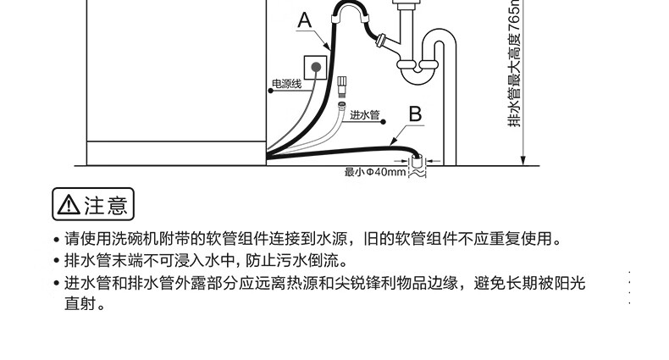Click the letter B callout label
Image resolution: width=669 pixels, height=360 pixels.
pyautogui.click(x=415, y=112)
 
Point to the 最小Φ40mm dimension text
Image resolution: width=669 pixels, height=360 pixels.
pyautogui.click(x=375, y=172)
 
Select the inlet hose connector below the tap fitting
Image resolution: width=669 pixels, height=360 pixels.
pyautogui.click(x=342, y=87)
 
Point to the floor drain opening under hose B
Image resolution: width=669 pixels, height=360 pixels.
pyautogui.click(x=417, y=162)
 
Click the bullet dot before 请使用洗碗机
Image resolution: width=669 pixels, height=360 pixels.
pyautogui.click(x=56, y=241)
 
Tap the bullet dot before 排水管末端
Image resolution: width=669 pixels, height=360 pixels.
pyautogui.click(x=56, y=261)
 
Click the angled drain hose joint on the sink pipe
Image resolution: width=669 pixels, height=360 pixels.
pyautogui.click(x=384, y=40)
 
